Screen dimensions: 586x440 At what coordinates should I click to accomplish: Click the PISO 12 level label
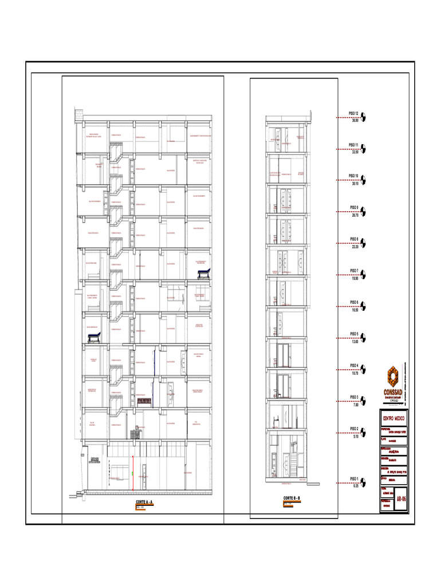tap(353, 114)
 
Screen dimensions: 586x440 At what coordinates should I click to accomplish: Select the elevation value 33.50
tap(355, 152)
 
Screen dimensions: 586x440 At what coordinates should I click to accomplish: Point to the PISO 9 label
tap(353, 208)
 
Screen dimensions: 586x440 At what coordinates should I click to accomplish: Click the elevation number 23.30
tap(355, 247)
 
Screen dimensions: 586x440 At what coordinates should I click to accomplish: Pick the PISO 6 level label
tap(353, 303)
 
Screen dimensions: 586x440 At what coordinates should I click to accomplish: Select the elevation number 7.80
tap(355, 405)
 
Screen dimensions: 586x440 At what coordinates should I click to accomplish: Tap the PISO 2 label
tap(353, 429)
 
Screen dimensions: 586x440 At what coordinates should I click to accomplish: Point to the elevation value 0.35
tap(355, 485)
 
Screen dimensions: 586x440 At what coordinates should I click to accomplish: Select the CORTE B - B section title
tap(291, 499)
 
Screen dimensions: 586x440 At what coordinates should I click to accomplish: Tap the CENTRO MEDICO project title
tap(393, 419)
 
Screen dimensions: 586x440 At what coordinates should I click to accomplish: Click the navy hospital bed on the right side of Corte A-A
tap(203, 272)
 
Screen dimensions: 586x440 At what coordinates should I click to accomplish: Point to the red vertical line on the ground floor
tap(133, 473)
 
